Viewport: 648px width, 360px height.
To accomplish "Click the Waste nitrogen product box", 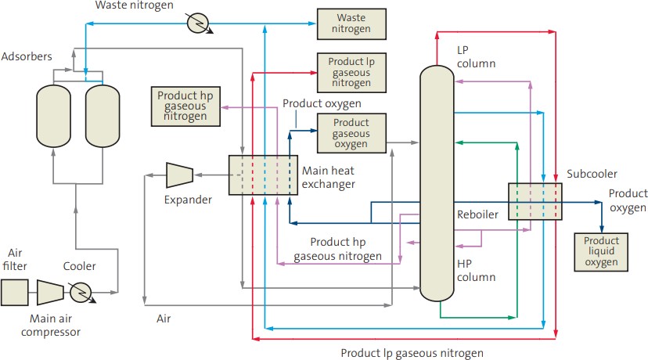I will [351, 24].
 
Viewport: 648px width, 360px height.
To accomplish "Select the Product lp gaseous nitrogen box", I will [351, 72].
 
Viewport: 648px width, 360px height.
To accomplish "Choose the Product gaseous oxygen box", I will [351, 133].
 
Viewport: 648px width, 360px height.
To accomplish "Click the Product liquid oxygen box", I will [600, 252].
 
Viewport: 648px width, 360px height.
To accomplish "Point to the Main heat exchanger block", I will [258, 175].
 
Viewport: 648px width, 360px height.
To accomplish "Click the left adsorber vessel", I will [53, 116].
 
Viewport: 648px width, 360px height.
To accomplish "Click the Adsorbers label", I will [27, 58].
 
